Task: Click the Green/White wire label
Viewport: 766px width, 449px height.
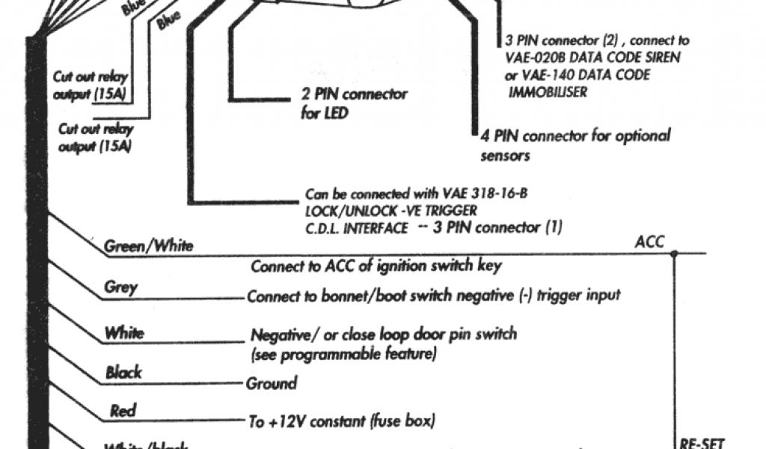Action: click(x=148, y=245)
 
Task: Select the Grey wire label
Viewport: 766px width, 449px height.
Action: click(x=121, y=287)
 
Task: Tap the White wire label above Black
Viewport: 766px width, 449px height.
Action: click(x=124, y=332)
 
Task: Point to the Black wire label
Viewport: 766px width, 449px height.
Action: click(x=123, y=372)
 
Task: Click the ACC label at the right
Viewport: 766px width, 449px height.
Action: click(x=649, y=242)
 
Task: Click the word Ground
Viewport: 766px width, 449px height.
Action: click(x=272, y=384)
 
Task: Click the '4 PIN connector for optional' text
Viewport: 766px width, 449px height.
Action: click(x=575, y=136)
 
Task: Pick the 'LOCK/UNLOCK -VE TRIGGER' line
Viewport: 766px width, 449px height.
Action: click(x=390, y=210)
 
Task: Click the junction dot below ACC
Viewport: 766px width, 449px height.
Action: click(x=674, y=254)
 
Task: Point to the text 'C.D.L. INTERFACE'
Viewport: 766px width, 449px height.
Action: click(x=357, y=227)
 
